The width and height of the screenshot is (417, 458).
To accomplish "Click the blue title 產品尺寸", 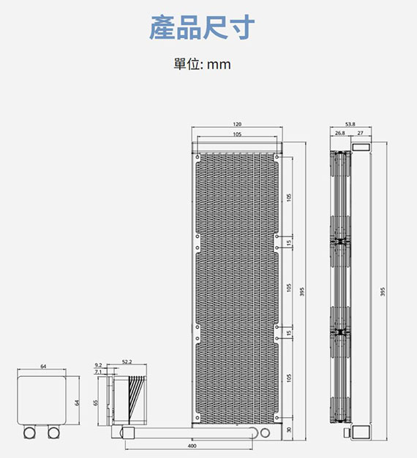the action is click(x=202, y=28).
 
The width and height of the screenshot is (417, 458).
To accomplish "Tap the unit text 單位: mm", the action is click(x=202, y=64).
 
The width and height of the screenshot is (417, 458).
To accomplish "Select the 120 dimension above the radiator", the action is click(x=237, y=124).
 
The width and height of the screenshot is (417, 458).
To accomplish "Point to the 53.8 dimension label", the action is click(x=350, y=124).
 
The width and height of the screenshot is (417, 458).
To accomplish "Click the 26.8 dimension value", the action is click(x=339, y=133).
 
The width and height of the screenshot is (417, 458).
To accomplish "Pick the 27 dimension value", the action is click(x=360, y=133).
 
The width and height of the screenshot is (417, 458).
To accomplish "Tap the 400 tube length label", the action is click(x=192, y=446).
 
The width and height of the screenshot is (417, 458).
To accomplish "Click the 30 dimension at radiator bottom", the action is click(x=289, y=430).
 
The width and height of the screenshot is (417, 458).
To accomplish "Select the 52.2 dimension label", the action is click(x=127, y=362).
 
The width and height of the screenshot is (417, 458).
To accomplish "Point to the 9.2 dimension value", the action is click(x=98, y=365).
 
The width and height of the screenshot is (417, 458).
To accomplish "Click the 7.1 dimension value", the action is click(x=98, y=372).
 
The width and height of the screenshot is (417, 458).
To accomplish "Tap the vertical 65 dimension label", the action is click(x=95, y=402).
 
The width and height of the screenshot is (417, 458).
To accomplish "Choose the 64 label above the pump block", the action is click(x=43, y=366).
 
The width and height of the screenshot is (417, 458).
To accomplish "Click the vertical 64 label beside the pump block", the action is click(x=77, y=402).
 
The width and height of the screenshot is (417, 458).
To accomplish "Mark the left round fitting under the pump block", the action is click(x=29, y=432).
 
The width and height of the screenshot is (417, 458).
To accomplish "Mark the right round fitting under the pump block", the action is click(x=53, y=432).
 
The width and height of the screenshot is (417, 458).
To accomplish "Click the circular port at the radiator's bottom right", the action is click(x=265, y=432).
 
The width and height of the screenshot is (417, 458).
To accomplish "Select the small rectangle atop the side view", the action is click(x=361, y=147).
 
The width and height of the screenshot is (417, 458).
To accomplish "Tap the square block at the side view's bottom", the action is click(x=361, y=432).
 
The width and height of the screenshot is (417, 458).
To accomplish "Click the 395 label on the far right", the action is click(x=383, y=291).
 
